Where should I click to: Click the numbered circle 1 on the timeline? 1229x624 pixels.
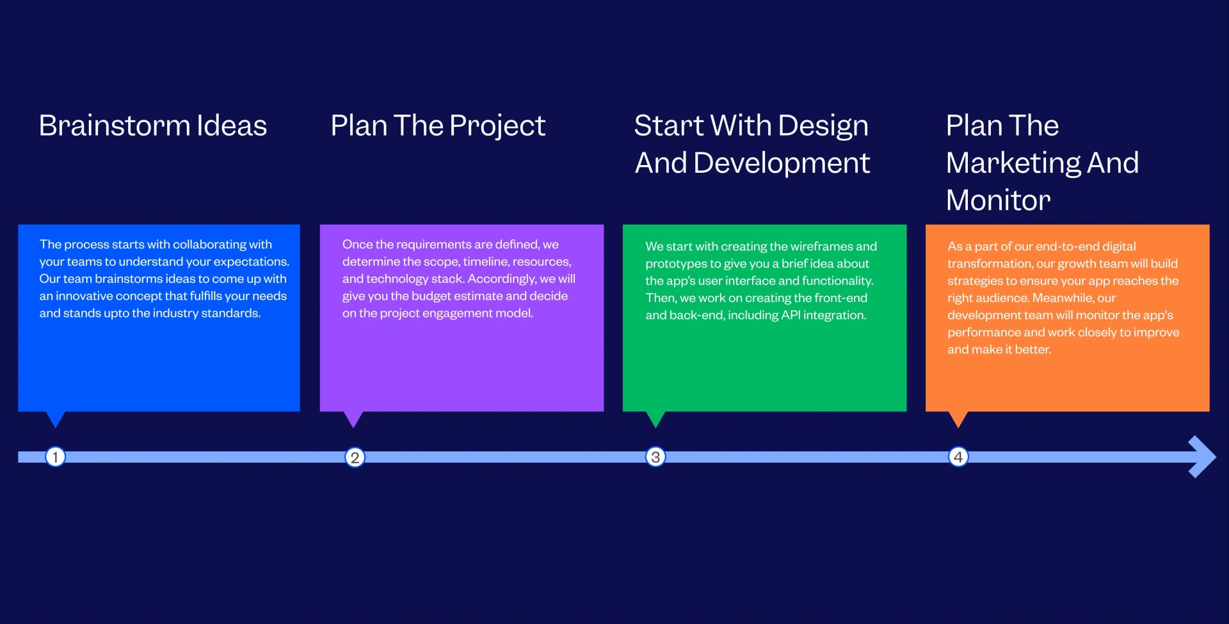pyautogui.click(x=55, y=457)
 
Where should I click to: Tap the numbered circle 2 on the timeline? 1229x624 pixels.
pyautogui.click(x=355, y=458)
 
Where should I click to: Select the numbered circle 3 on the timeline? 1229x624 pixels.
pyautogui.click(x=655, y=457)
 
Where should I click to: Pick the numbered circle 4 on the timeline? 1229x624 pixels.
pyautogui.click(x=958, y=457)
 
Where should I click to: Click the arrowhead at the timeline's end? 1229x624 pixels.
pyautogui.click(x=1202, y=457)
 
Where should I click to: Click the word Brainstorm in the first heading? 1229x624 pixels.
pyautogui.click(x=114, y=125)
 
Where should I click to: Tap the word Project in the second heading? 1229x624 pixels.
pyautogui.click(x=497, y=126)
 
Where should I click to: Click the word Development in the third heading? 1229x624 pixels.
pyautogui.click(x=782, y=163)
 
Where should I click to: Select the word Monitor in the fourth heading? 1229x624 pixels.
pyautogui.click(x=998, y=200)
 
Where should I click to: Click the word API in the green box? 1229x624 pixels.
pyautogui.click(x=791, y=316)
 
